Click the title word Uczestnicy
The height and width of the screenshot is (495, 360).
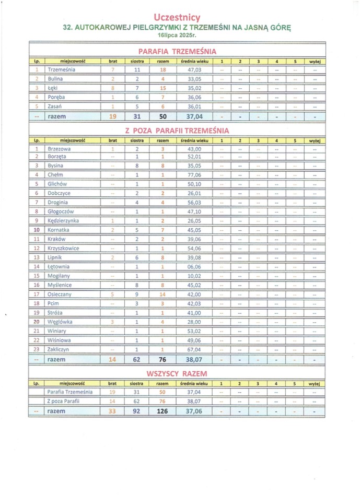[178, 18]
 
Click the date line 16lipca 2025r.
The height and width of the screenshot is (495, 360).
[177, 37]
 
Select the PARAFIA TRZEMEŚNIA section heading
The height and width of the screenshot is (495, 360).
[177, 51]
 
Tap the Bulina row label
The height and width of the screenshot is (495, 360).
[55, 79]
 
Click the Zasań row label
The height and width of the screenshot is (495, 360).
[55, 107]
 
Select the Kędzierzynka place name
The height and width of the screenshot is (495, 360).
[63, 220]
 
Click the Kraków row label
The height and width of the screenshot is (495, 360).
[56, 239]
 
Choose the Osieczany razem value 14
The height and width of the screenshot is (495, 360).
[162, 294]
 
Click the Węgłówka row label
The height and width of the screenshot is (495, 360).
[60, 322]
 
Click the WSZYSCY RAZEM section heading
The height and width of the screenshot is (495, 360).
[177, 373]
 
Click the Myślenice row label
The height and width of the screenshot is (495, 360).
[59, 285]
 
